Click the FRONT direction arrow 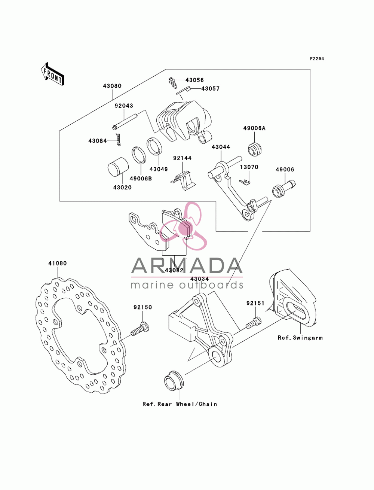point(52,74)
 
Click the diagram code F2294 point(316,59)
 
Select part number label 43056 point(194,80)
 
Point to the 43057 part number point(210,89)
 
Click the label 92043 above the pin point(124,106)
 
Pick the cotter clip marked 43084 point(118,140)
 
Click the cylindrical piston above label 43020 point(118,167)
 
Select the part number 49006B point(141,179)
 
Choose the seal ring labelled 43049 point(154,146)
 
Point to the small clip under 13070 point(245,182)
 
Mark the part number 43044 point(221,147)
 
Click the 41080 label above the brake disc point(58,264)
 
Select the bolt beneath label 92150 point(140,331)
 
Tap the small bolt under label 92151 point(254,323)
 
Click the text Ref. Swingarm point(300,338)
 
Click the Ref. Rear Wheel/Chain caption point(180,404)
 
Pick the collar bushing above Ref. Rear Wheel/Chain point(174,381)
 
